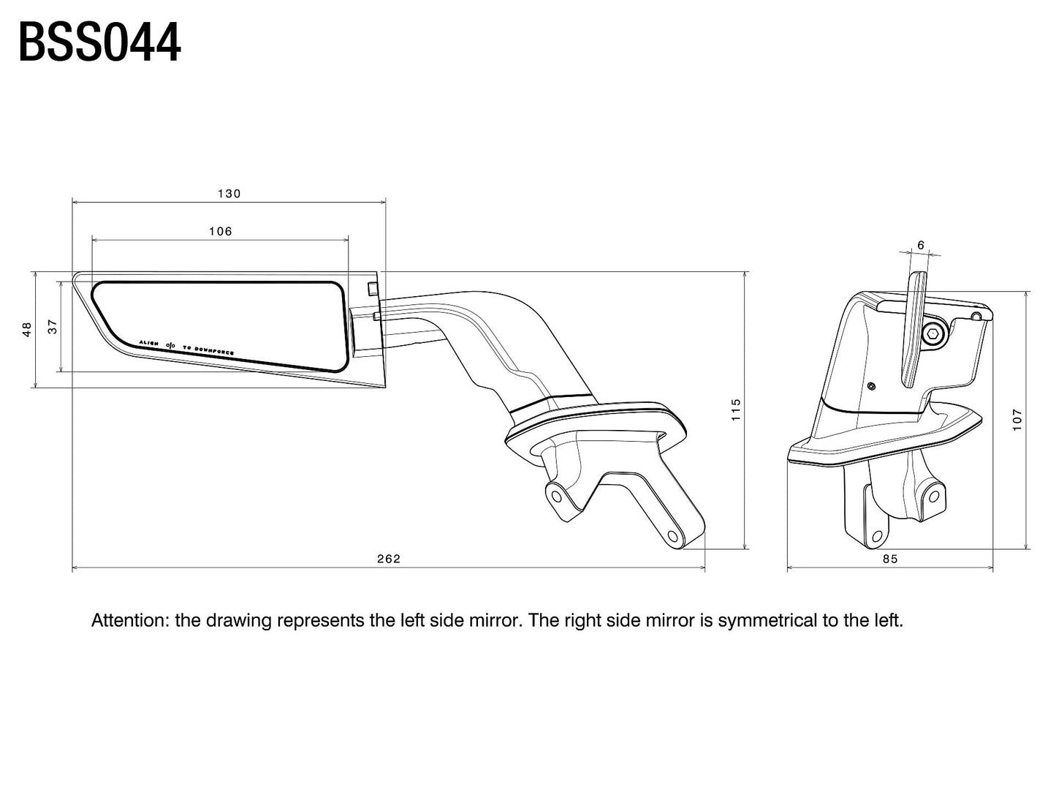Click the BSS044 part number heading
[99, 42]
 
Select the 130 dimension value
[229, 194]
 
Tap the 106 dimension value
[220, 231]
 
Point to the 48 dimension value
[28, 329]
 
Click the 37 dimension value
[53, 327]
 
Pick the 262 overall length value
[389, 559]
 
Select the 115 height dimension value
[736, 409]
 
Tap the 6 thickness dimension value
[920, 245]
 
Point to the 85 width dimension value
[889, 559]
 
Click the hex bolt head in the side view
[932, 335]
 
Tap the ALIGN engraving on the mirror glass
[148, 342]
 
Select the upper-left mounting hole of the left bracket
[556, 497]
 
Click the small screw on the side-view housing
[871, 385]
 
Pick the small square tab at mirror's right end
[373, 287]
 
